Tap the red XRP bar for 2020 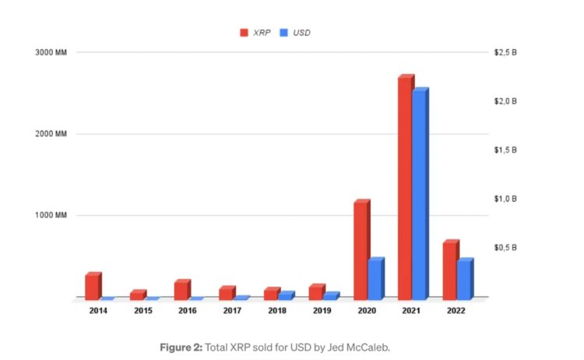click(361, 250)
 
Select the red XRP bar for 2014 click(93, 286)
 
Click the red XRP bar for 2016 click(181, 290)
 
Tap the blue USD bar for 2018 click(286, 295)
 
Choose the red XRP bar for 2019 click(316, 291)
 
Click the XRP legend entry click(256, 33)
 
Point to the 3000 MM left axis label click(53, 53)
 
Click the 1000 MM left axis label click(53, 216)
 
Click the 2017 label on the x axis click(231, 311)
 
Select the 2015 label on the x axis click(142, 311)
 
